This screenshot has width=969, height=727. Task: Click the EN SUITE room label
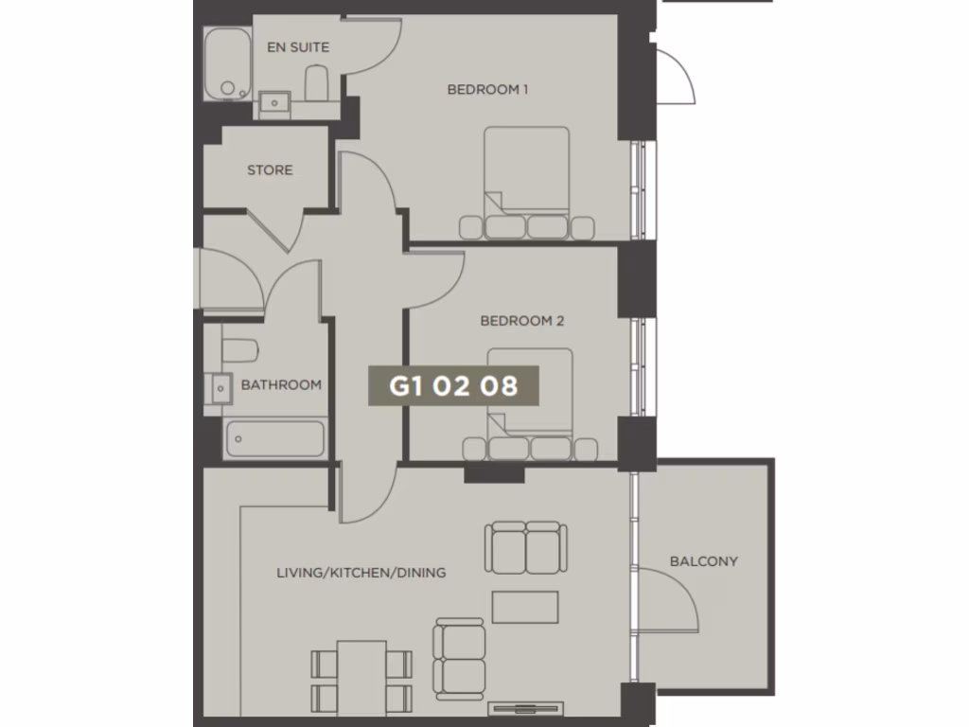point(298,47)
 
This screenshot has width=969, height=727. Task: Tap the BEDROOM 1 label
point(487,90)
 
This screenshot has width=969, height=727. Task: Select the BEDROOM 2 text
point(522,321)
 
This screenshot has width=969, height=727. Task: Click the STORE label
point(270,170)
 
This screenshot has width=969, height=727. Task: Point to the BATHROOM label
point(281,385)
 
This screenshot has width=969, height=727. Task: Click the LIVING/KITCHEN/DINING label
point(361,573)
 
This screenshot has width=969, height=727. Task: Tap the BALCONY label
point(704,561)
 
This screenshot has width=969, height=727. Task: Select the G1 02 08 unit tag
point(453,386)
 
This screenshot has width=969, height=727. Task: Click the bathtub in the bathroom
point(274,439)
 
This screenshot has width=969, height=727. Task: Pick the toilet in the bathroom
point(239,350)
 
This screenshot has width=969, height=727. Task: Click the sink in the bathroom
point(219,387)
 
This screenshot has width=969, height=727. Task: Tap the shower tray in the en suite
point(227,63)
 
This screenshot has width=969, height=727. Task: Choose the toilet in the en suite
point(316,83)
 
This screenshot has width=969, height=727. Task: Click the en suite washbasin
point(275,99)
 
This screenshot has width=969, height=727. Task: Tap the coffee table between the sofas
point(525,607)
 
